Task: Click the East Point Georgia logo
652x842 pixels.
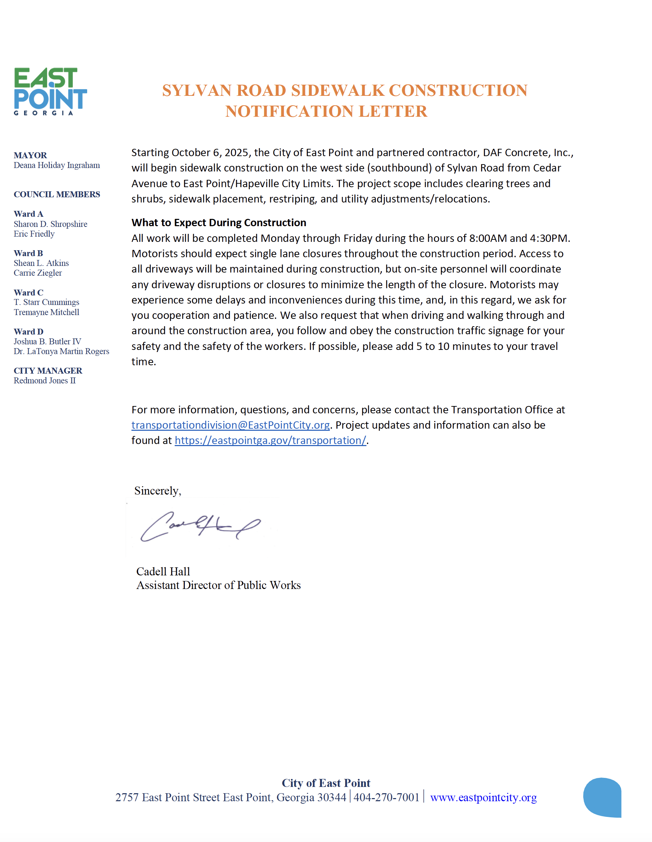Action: click(x=50, y=91)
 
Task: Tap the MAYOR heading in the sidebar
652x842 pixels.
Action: click(x=30, y=155)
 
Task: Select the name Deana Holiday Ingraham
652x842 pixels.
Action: click(x=57, y=166)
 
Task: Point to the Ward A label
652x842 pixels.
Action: click(x=29, y=214)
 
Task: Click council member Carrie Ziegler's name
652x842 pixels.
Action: click(x=38, y=273)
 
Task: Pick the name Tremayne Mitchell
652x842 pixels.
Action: click(x=46, y=312)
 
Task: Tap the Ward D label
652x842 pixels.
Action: click(x=29, y=332)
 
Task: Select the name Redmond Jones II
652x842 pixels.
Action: click(x=45, y=381)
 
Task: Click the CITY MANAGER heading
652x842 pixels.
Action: click(x=48, y=371)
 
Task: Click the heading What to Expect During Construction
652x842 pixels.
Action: click(x=219, y=223)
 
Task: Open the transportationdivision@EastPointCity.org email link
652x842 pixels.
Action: click(x=230, y=425)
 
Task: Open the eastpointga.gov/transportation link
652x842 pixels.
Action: click(x=270, y=441)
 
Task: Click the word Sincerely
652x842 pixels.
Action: click(x=157, y=491)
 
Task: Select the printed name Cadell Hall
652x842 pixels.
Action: click(x=163, y=572)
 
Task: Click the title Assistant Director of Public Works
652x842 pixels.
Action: click(x=218, y=585)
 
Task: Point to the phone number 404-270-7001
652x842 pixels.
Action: click(x=386, y=797)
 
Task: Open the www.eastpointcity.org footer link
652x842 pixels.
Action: click(x=483, y=798)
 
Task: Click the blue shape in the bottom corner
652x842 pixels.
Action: click(x=602, y=798)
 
